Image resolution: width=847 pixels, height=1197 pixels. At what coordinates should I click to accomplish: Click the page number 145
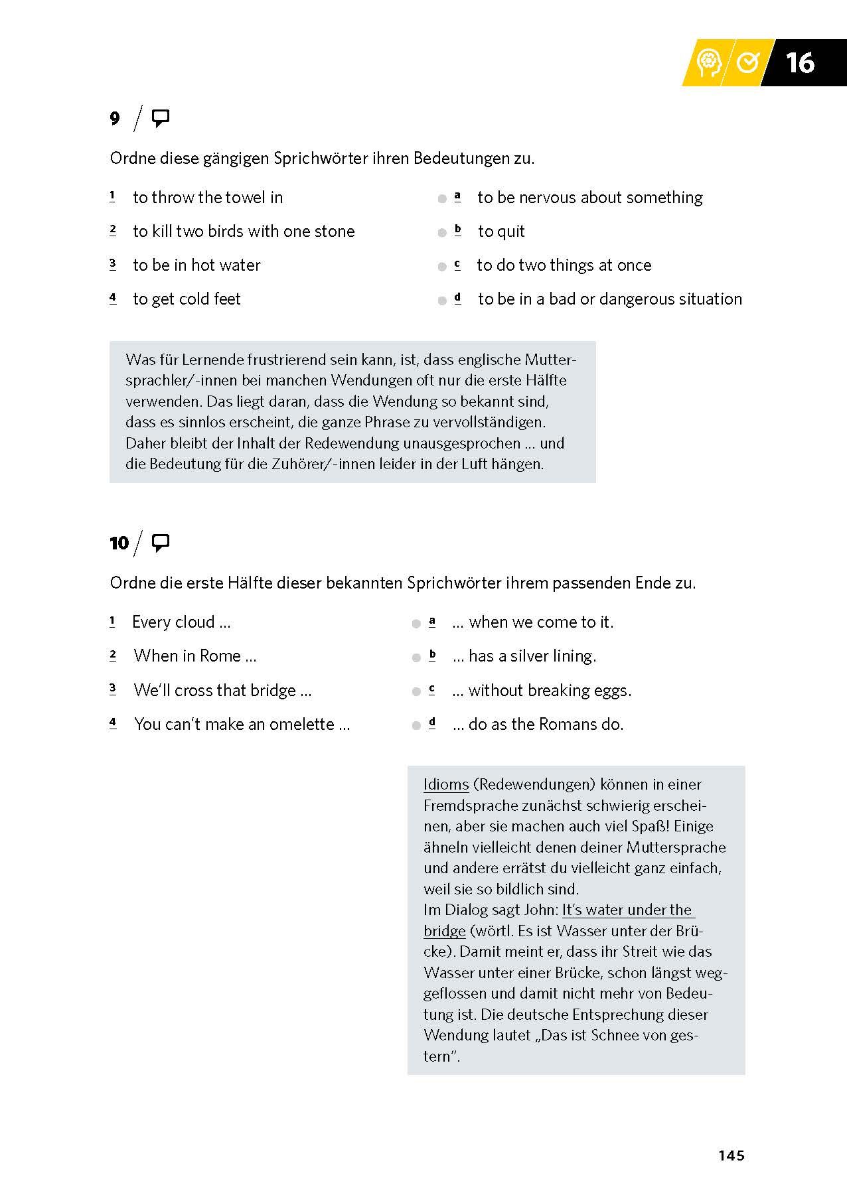click(731, 1155)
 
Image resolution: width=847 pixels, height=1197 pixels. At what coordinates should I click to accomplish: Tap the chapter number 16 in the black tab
click(799, 62)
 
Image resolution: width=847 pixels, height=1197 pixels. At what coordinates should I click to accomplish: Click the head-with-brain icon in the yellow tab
click(709, 63)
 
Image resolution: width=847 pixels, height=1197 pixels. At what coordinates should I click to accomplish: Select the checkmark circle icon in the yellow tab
click(748, 62)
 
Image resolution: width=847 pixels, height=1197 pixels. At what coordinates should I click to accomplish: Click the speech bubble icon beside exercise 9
click(161, 119)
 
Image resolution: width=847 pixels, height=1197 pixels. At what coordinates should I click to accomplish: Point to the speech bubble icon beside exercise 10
click(161, 543)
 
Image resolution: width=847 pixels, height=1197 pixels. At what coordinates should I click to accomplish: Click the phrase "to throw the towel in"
click(208, 198)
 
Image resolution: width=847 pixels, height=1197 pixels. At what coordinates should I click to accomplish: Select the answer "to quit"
click(501, 232)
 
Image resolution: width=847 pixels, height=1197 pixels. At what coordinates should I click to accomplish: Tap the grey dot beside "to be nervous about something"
click(442, 198)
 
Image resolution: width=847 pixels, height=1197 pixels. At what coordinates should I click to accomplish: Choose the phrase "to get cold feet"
click(187, 299)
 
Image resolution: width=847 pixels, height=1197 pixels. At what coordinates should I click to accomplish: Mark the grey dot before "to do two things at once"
click(442, 267)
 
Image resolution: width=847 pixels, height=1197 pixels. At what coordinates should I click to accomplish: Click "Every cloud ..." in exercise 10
click(181, 622)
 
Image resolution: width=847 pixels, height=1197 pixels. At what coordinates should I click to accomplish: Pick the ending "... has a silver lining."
click(524, 656)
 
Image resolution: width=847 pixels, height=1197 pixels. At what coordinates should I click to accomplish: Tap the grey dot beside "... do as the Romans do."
click(416, 725)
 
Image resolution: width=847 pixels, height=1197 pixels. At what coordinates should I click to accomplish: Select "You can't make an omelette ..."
click(242, 725)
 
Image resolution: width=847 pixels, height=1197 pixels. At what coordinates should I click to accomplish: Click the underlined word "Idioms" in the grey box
click(446, 784)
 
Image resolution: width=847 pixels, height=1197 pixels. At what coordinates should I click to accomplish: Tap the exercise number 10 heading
click(119, 543)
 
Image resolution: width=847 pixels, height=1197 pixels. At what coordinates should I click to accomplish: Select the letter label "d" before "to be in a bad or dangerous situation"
click(457, 299)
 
